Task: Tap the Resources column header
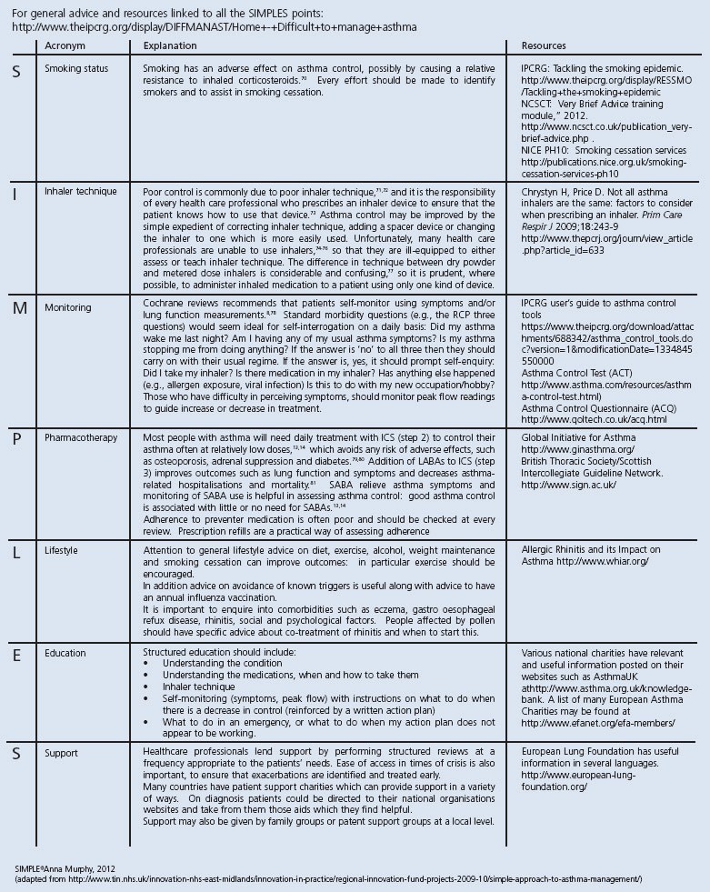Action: point(544,45)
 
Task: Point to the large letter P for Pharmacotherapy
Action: point(16,439)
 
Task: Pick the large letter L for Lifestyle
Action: point(16,552)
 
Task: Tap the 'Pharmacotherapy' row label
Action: point(81,438)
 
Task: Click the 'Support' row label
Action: point(62,754)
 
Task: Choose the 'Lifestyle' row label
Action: point(61,551)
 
